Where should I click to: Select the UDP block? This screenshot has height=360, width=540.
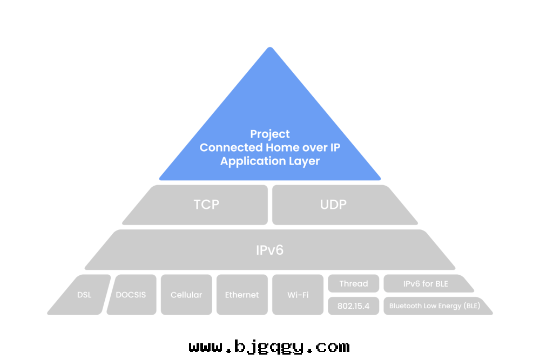pyautogui.click(x=333, y=205)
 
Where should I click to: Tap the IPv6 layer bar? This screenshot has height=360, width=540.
pyautogui.click(x=269, y=250)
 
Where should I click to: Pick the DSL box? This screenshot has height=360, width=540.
pyautogui.click(x=84, y=295)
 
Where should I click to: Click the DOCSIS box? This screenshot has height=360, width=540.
pyautogui.click(x=131, y=295)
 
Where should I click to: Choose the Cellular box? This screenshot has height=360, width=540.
pyautogui.click(x=186, y=295)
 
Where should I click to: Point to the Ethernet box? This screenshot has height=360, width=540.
pyautogui.click(x=241, y=295)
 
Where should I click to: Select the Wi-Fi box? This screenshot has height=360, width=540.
pyautogui.click(x=298, y=295)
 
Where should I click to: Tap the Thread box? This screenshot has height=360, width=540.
pyautogui.click(x=353, y=283)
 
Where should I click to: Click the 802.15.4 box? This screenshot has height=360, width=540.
pyautogui.click(x=353, y=305)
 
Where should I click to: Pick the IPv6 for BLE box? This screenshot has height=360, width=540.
pyautogui.click(x=426, y=283)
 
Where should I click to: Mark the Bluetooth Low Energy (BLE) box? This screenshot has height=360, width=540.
pyautogui.click(x=433, y=305)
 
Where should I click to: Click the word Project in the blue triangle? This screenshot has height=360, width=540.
pyautogui.click(x=270, y=134)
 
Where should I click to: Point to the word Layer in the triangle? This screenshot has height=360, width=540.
pyautogui.click(x=303, y=161)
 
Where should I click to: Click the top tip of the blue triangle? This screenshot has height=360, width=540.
pyautogui.click(x=270, y=49)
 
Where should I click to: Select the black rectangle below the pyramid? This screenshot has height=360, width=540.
pyautogui.click(x=270, y=345)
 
